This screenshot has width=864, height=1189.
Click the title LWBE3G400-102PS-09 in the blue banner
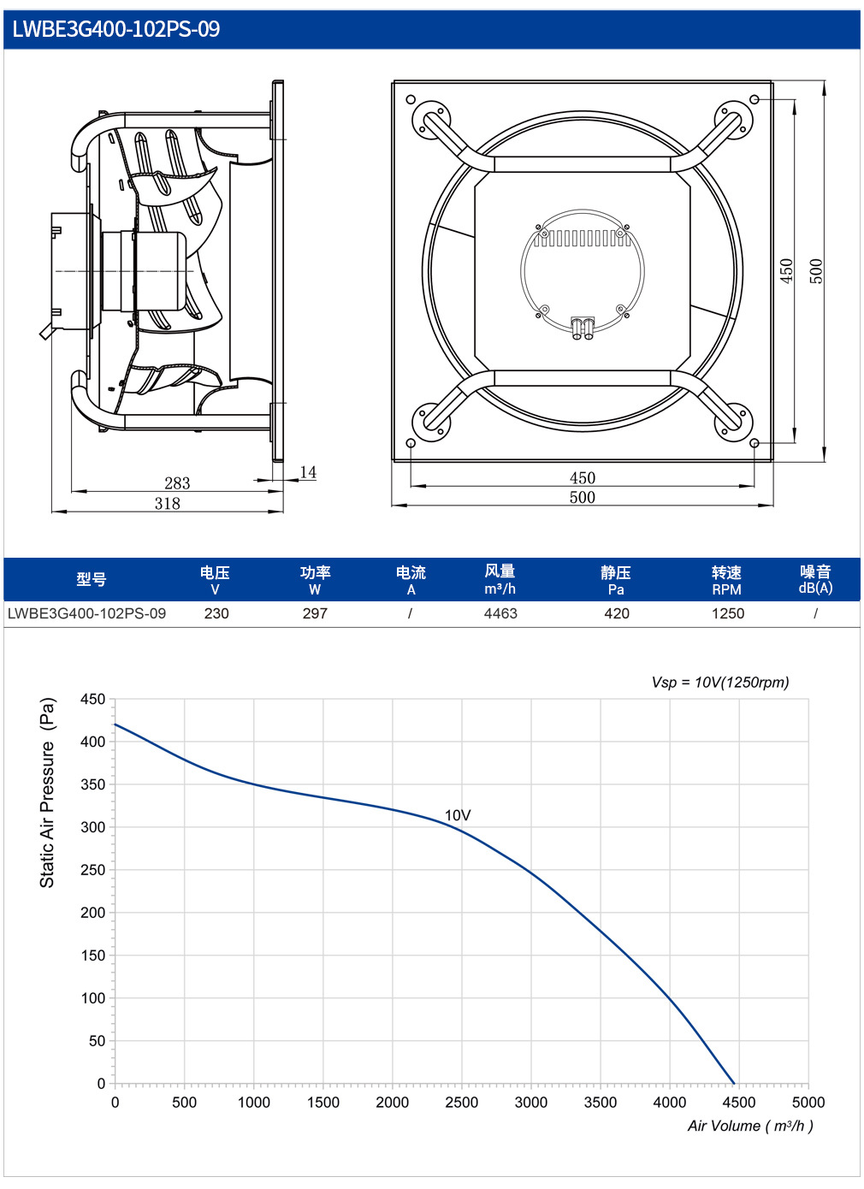[115, 29]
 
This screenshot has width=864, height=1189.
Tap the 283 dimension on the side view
[177, 482]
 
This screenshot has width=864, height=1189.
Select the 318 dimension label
[167, 503]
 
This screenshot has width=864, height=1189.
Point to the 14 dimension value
[308, 471]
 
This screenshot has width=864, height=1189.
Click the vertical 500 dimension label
[816, 270]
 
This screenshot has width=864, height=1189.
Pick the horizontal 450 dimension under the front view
[583, 477]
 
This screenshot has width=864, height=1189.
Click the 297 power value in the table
[315, 613]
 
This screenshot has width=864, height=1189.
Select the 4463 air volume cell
[500, 613]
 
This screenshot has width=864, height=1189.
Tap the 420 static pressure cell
[616, 613]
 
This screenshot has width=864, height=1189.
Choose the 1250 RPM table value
[728, 613]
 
